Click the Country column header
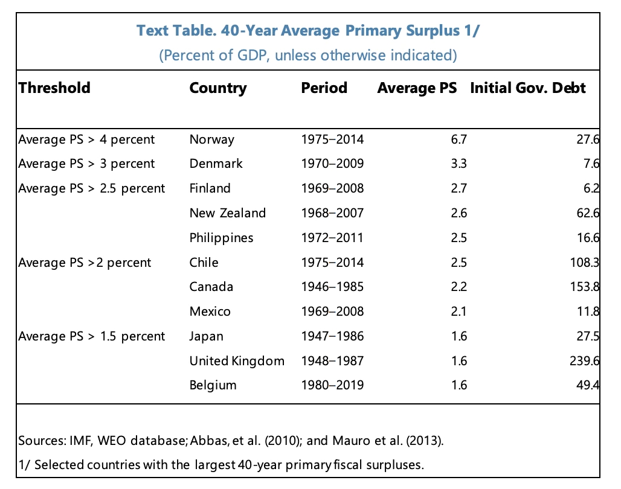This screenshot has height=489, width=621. [x=218, y=88]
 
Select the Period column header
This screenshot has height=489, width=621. [x=324, y=88]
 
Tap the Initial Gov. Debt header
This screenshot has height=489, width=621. [x=527, y=88]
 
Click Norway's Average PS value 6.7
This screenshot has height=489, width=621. [x=459, y=139]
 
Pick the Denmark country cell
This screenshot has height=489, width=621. [x=216, y=164]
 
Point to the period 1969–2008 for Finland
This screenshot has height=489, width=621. [x=332, y=188]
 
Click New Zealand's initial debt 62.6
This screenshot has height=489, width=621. [x=588, y=213]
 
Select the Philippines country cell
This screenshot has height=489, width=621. [x=221, y=238]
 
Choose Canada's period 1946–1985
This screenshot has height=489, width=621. [x=332, y=287]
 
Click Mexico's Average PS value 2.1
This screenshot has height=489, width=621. [x=459, y=312]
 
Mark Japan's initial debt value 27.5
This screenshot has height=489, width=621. [x=588, y=336]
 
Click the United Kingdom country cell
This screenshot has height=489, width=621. [x=237, y=361]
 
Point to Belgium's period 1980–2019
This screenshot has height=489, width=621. [x=332, y=385]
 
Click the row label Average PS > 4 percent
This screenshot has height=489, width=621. [x=86, y=139]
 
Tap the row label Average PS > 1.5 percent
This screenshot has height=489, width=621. [x=91, y=336]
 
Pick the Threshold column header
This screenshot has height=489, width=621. [x=54, y=88]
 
